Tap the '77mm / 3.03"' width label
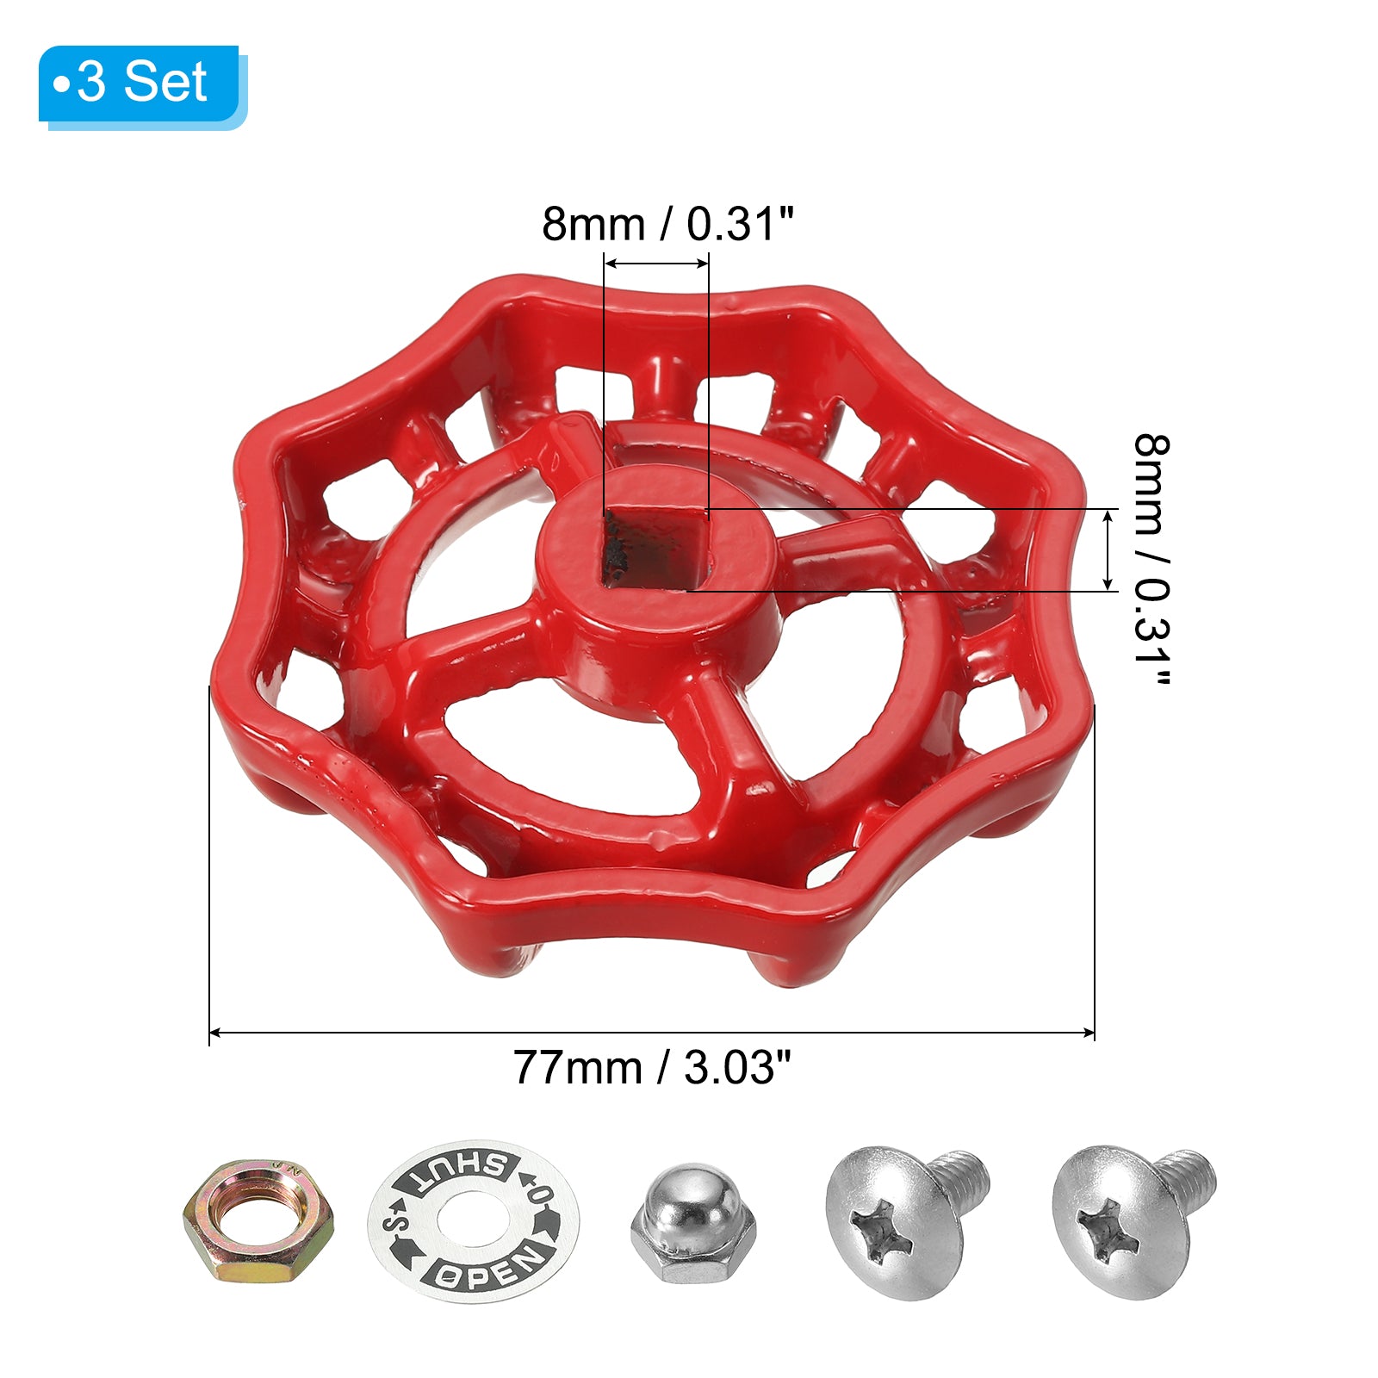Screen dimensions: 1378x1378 click(652, 1068)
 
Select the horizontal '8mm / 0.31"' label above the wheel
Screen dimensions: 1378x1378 click(667, 224)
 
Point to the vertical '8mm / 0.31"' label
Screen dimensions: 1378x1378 click(1151, 561)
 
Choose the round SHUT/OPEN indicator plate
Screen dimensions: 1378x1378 click(474, 1221)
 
